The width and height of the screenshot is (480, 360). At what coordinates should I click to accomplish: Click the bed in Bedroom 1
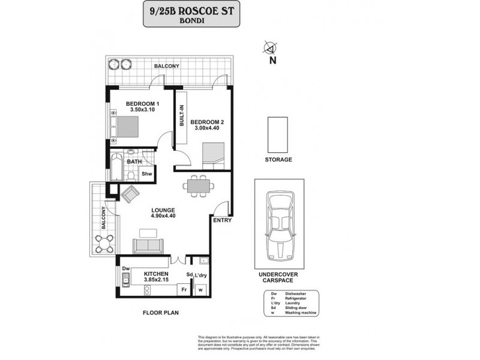126,127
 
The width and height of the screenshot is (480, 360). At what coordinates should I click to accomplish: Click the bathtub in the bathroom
116,168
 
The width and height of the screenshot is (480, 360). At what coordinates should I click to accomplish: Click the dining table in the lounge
199,186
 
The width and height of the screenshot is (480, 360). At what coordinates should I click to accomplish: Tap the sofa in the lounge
147,245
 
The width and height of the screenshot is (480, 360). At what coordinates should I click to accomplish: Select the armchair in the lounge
130,193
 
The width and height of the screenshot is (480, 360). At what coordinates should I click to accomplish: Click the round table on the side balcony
104,243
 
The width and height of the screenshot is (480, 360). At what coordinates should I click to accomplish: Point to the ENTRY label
222,220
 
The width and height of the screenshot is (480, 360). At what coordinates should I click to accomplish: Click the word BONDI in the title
191,19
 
